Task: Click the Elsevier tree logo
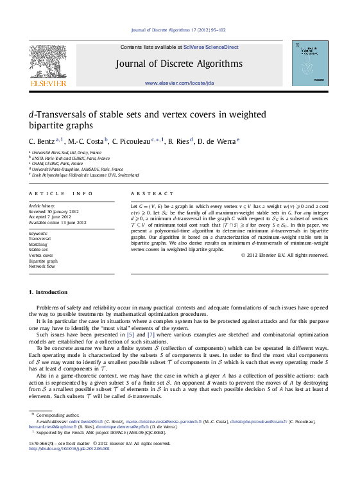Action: coord(48,64)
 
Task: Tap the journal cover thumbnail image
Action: coord(310,64)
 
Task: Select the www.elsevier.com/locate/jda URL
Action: coord(179,83)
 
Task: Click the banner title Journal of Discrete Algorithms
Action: coord(179,64)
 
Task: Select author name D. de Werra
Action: coord(218,141)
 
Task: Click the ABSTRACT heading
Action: coord(152,193)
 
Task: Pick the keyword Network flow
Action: coord(42,266)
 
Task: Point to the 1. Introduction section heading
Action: coord(48,292)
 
